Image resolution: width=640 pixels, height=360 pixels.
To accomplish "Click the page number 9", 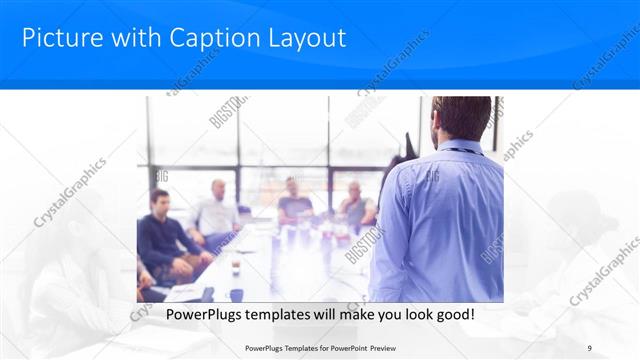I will tap(590, 347).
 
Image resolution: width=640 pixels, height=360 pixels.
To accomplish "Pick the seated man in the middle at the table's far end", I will tap(294, 201).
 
